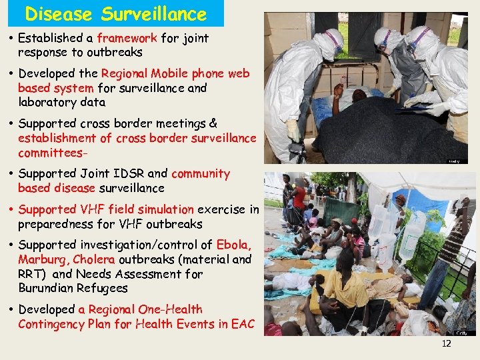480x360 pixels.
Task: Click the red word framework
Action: tap(127, 38)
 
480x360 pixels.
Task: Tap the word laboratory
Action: tap(47, 102)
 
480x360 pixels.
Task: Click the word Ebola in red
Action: tap(234, 245)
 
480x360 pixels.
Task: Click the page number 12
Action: tap(446, 344)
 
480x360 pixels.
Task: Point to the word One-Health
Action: tap(170, 309)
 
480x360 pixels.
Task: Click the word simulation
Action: tap(167, 209)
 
